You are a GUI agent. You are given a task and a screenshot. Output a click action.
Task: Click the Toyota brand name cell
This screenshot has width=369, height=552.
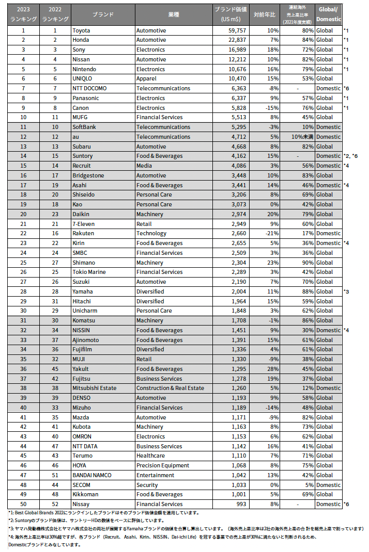pyautogui.click(x=81, y=30)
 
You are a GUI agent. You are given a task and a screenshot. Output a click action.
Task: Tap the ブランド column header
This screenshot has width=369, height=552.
pyautogui.click(x=103, y=14)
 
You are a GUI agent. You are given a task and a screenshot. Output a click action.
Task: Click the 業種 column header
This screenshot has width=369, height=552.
pyautogui.click(x=174, y=14)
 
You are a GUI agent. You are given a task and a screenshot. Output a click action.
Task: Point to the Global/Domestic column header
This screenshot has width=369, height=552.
pyautogui.click(x=329, y=14)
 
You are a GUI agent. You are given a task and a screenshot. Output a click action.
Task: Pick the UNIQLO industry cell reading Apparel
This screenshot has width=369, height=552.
pyautogui.click(x=147, y=79)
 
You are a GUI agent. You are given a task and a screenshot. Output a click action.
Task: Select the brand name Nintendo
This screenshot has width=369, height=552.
pyautogui.click(x=85, y=69)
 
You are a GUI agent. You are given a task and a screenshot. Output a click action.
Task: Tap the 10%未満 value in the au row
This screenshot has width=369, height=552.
pyautogui.click(x=301, y=137)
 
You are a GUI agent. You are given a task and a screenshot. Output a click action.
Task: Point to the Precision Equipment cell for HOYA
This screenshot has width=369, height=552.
pyautogui.click(x=162, y=465)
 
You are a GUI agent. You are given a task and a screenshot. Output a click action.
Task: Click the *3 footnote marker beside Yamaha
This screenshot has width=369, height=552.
pyautogui.click(x=346, y=291)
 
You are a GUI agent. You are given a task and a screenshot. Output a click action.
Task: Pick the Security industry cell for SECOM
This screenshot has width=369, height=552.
pyautogui.click(x=147, y=485)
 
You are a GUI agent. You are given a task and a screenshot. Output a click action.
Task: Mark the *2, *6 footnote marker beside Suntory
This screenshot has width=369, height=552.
pyautogui.click(x=351, y=156)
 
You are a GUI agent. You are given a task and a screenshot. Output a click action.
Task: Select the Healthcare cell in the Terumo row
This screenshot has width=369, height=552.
pyautogui.click(x=150, y=456)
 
